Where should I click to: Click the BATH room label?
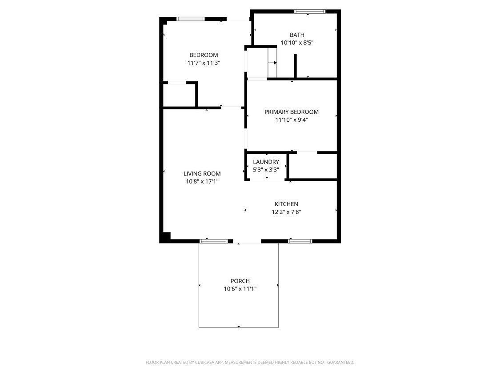coord(297,35)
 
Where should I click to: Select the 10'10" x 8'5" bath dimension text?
coord(297,43)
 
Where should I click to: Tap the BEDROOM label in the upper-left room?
coord(204,55)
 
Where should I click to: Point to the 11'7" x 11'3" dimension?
coord(204,63)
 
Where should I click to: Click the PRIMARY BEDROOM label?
coord(291,112)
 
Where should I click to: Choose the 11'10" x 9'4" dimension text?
coord(291,120)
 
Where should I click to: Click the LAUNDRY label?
coord(266,162)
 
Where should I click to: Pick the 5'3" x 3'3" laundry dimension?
coord(266,169)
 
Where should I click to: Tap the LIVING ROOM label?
coord(202,174)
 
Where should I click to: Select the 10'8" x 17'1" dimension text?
coord(202,181)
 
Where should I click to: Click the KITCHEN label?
coord(286,204)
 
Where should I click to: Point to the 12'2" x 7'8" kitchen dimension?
coord(286,212)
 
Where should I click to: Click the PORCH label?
coord(240,281)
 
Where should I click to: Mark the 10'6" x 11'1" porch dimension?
coord(240,289)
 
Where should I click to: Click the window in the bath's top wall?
coord(310,12)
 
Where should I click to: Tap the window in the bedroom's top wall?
coord(191,19)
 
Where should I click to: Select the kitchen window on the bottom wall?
coord(300,241)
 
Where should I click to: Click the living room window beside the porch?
coord(213,241)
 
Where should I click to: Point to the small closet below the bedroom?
coord(180,95)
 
